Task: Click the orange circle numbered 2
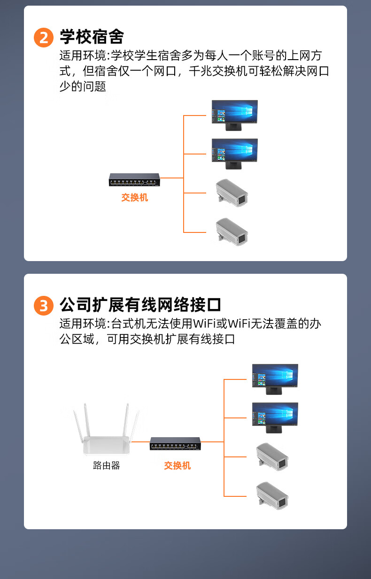pos(44,38)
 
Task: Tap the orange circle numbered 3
pos(44,306)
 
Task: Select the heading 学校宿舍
pos(92,37)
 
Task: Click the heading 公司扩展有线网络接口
pos(140,305)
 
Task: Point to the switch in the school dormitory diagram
pos(134,180)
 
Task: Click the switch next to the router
pos(175,444)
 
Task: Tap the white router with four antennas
pos(106,429)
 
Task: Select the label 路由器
pos(107,465)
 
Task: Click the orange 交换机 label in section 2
pos(135,198)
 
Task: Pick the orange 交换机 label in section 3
pos(178,465)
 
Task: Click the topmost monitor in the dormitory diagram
pos(235,115)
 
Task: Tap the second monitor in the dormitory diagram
pos(235,154)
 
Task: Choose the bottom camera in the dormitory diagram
pos(232,232)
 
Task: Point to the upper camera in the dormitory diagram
pos(232,193)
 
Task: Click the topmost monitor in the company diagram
pos(275,379)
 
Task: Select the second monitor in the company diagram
pos(275,418)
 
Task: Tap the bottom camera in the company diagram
pos(272,496)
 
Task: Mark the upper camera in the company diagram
pos(272,457)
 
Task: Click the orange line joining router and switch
pos(140,442)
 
